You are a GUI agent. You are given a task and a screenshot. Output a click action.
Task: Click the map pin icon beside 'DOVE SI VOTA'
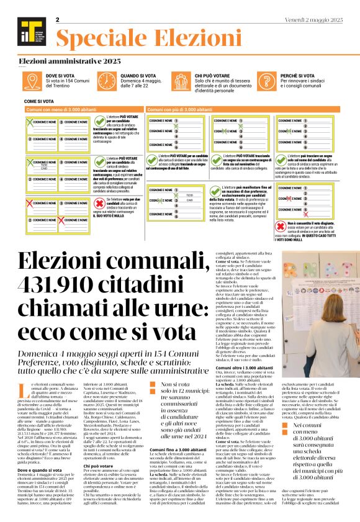pyautogui.click(x=34, y=79)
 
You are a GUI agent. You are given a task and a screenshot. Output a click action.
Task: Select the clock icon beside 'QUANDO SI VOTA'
pyautogui.click(x=111, y=79)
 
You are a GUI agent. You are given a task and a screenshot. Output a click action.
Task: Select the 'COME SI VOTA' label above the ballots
pyautogui.click(x=38, y=100)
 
